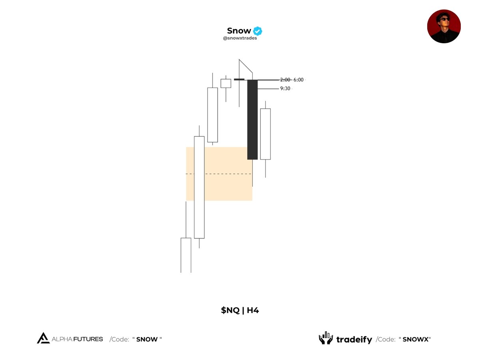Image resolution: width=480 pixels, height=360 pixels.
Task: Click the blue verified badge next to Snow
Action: click(x=257, y=31)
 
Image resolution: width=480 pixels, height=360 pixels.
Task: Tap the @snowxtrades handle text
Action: click(x=240, y=38)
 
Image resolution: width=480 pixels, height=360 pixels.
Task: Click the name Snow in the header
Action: click(x=239, y=31)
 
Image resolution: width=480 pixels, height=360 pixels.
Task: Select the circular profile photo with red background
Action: click(x=444, y=26)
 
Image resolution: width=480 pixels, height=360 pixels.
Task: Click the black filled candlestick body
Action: click(x=252, y=120)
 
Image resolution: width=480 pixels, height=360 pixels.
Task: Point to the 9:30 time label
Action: click(x=285, y=88)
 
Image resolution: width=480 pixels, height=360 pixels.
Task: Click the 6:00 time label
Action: click(x=298, y=80)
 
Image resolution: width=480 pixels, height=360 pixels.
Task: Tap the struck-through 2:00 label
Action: click(x=285, y=80)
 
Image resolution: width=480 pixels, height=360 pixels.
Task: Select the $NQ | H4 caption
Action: click(x=240, y=310)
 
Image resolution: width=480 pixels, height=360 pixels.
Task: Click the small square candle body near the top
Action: click(x=226, y=83)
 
